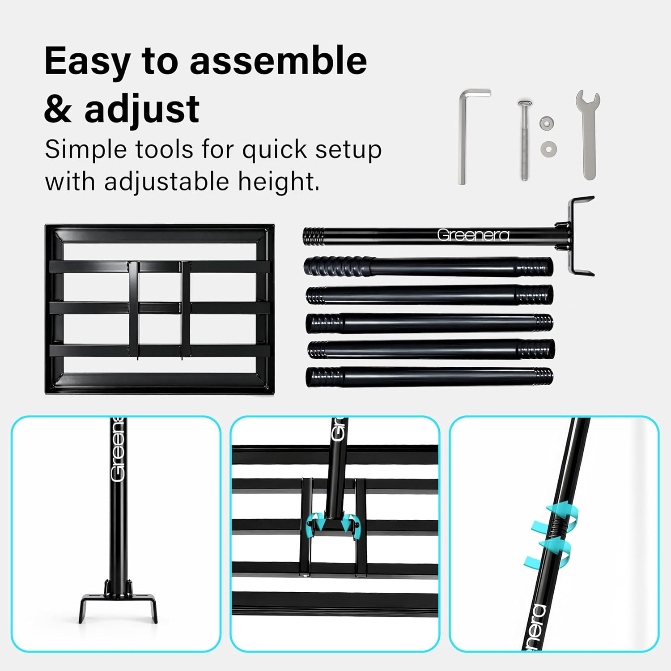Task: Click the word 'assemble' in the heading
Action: click(x=278, y=61)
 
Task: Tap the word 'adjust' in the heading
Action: click(x=142, y=109)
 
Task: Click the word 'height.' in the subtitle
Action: click(x=279, y=182)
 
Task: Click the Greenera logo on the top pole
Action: click(x=473, y=235)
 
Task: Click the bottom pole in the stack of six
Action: click(x=429, y=376)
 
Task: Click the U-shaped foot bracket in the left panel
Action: click(x=119, y=602)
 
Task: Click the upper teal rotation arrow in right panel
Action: click(x=559, y=511)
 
